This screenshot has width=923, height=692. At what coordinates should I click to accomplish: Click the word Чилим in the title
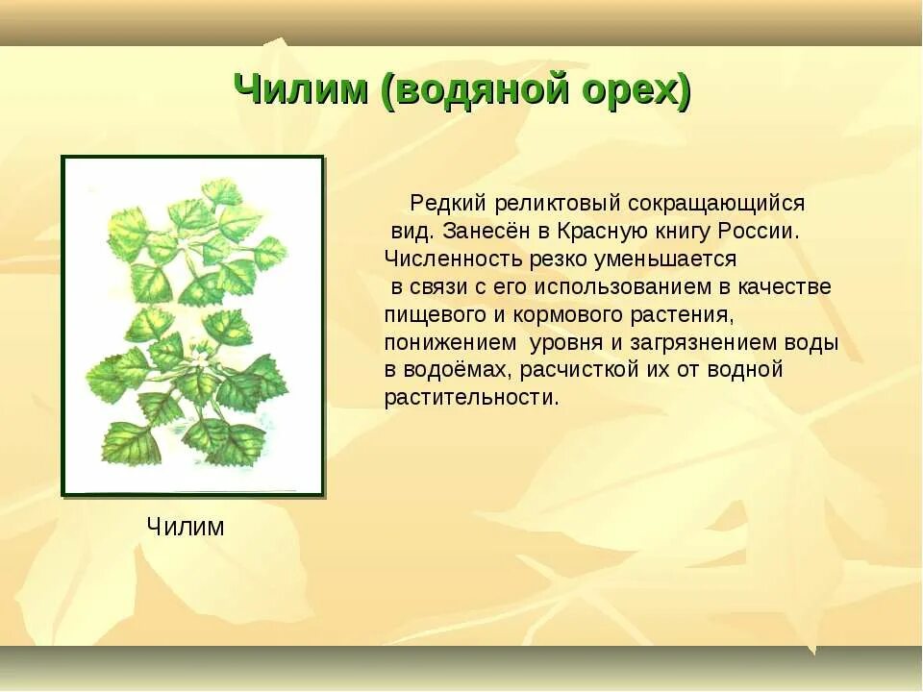pyautogui.click(x=301, y=90)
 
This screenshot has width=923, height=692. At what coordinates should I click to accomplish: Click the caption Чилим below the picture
pyautogui.click(x=186, y=526)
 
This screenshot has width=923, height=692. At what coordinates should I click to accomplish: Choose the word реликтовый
pyautogui.click(x=558, y=204)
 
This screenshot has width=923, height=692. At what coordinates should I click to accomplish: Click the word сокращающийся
pyautogui.click(x=715, y=204)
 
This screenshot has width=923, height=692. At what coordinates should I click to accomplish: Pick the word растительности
pyautogui.click(x=471, y=398)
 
